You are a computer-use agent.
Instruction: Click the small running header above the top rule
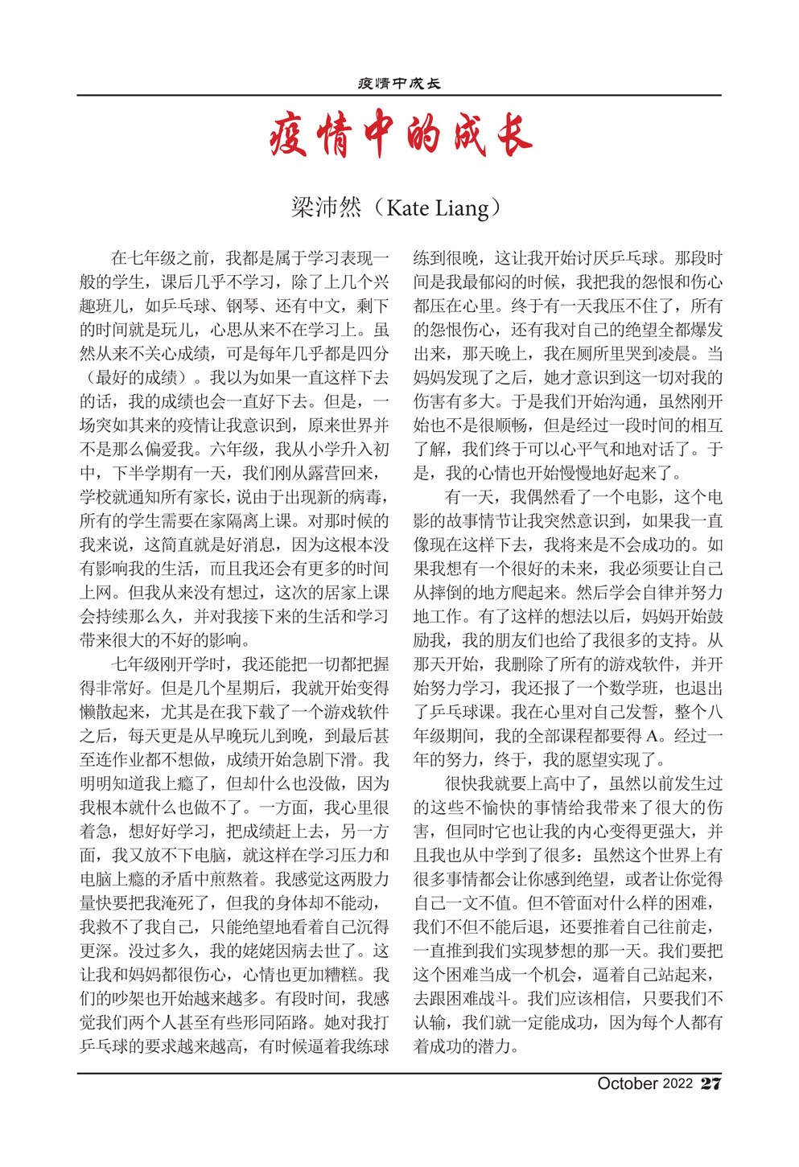pyautogui.click(x=399, y=83)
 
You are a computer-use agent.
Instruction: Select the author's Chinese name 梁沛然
pyautogui.click(x=326, y=208)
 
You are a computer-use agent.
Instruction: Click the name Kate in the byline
pyautogui.click(x=407, y=208)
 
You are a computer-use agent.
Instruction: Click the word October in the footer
pyautogui.click(x=627, y=1084)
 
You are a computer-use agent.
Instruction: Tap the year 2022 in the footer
pyautogui.click(x=678, y=1084)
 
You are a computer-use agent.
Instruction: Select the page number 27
pyautogui.click(x=710, y=1084)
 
